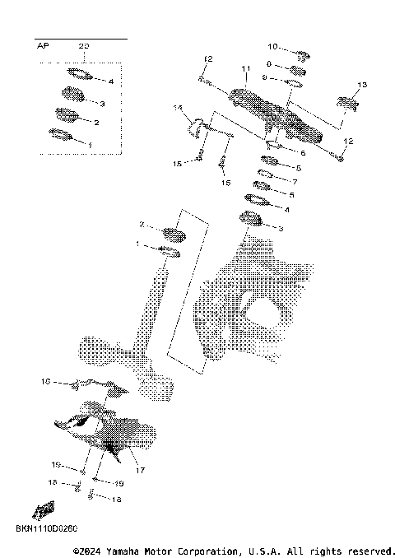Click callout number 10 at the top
pyautogui.click(x=274, y=46)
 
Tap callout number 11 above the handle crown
pyautogui.click(x=244, y=67)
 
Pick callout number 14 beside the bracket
pyautogui.click(x=177, y=108)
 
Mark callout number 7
pyautogui.click(x=295, y=181)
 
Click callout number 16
pyautogui.click(x=45, y=382)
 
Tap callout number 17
pyautogui.click(x=140, y=470)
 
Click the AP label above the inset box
pyautogui.click(x=43, y=46)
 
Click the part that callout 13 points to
pyautogui.click(x=345, y=105)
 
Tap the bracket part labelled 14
pyautogui.click(x=197, y=128)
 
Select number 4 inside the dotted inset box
pyautogui.click(x=110, y=82)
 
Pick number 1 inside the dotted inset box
pyautogui.click(x=91, y=145)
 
